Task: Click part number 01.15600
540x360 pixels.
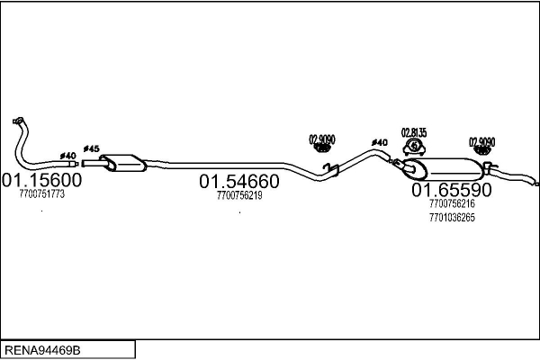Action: [x=41, y=180]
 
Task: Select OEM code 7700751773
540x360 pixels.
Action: [x=42, y=194]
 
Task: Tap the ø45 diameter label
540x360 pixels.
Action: [x=91, y=148]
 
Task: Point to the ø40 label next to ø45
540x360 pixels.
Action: [x=67, y=156]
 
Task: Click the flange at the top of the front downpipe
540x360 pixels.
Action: [x=18, y=121]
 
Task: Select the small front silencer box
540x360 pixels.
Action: [x=123, y=163]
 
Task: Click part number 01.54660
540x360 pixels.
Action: [x=239, y=181]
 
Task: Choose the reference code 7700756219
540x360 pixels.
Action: [x=239, y=195]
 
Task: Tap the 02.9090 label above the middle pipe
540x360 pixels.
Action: [x=322, y=139]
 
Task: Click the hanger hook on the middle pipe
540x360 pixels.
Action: [x=330, y=169]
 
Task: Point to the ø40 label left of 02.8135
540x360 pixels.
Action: [x=380, y=142]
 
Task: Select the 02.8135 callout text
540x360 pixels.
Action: [x=414, y=132]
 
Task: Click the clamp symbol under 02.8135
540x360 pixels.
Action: [x=414, y=147]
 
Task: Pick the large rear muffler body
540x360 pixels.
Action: [x=445, y=169]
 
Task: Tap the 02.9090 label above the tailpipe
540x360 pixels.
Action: [x=481, y=142]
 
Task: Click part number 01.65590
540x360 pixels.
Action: [x=452, y=190]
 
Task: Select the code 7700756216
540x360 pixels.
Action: [x=452, y=203]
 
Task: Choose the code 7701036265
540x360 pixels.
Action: [x=452, y=218]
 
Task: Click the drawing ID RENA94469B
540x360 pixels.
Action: [x=42, y=350]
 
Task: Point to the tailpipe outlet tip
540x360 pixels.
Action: [x=537, y=184]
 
